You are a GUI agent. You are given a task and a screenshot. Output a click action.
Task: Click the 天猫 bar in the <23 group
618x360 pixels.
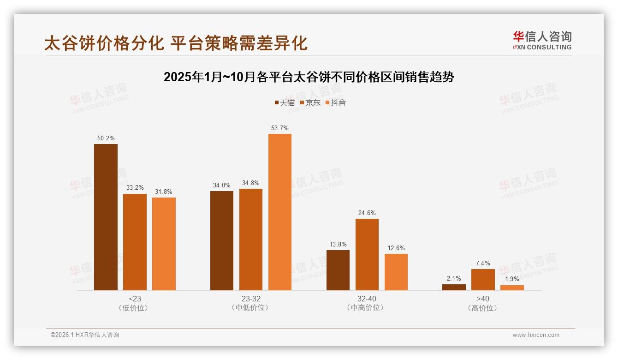[106, 217]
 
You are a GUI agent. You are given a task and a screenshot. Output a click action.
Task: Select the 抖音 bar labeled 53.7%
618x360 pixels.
[280, 212]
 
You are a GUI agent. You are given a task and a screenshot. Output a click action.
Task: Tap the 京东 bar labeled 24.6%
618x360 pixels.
[367, 254]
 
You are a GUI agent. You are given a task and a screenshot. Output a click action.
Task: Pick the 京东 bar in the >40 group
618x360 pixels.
[483, 280]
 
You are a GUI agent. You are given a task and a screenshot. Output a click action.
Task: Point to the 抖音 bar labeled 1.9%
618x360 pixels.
[512, 288]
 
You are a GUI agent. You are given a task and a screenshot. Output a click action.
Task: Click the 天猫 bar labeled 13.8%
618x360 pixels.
[338, 270]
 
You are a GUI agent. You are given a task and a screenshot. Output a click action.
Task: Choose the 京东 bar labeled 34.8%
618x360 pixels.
[251, 239]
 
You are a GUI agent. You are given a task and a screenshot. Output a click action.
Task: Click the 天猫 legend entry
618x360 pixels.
[285, 102]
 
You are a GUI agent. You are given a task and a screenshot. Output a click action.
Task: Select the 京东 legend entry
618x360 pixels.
[310, 102]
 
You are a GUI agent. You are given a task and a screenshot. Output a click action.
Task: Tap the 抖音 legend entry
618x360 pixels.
[336, 102]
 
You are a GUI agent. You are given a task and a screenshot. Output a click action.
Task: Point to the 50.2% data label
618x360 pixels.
[106, 138]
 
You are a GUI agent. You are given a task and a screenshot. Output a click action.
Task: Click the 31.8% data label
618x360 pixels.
[164, 192]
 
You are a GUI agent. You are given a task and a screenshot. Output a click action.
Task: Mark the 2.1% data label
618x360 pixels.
[454, 278]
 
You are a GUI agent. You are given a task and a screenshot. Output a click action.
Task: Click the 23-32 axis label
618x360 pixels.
[251, 299]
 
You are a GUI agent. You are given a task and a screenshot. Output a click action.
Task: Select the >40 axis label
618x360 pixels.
[483, 299]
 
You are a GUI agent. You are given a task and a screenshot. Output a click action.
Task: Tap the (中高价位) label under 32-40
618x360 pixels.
[367, 308]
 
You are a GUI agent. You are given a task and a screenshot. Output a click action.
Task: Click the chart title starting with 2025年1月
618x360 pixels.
[309, 77]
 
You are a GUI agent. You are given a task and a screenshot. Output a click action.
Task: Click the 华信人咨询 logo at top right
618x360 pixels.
[542, 40]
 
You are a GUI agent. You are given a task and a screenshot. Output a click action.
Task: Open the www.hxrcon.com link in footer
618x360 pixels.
[536, 335]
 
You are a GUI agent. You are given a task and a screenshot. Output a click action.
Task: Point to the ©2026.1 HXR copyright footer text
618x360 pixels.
[85, 335]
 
